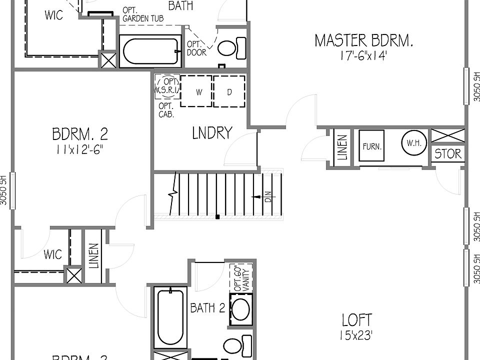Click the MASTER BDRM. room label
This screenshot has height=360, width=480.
363,40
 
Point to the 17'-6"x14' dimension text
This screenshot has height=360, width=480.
363,55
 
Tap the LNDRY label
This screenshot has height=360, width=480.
212,133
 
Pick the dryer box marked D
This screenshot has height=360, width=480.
229,91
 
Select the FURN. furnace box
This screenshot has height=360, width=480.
372,146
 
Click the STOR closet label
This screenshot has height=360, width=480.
448,153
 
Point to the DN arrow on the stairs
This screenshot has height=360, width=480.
266,197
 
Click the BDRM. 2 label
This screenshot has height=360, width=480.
80,134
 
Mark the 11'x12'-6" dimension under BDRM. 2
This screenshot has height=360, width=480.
80,149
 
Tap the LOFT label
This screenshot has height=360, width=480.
356,319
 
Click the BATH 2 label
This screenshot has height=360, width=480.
207,308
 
